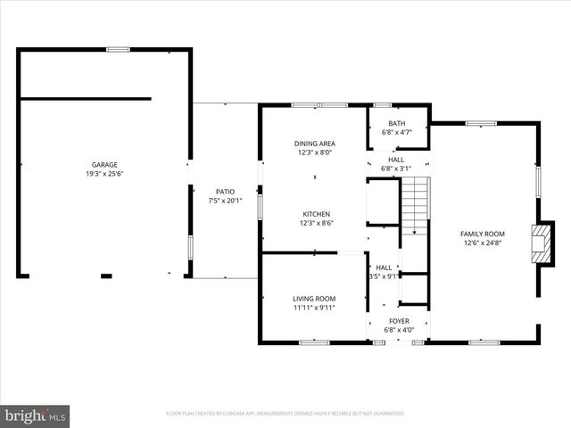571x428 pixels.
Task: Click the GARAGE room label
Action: coord(104,165)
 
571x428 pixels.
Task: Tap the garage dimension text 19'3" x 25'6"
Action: coord(104,174)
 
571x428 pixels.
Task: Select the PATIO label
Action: coord(225,191)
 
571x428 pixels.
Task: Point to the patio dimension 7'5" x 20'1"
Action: coord(225,200)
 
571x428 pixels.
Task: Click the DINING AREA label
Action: coord(314,144)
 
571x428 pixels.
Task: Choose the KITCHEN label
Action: coord(316,214)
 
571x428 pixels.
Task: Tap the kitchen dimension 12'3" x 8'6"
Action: coord(316,223)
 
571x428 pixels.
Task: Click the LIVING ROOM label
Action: coord(314,299)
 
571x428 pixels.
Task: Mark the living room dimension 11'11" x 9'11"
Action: coord(314,308)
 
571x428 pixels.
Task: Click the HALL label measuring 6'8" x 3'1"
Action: coord(396,160)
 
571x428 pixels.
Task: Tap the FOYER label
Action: coord(398,321)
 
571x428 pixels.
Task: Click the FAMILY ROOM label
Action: coord(483,234)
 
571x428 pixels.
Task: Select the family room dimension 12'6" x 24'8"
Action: coord(483,243)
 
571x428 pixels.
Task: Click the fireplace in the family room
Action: coord(538,243)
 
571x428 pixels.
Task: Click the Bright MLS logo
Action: coord(36,415)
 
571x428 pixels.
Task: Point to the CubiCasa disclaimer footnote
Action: coord(285,414)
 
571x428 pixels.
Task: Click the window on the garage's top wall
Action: coord(118,49)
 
